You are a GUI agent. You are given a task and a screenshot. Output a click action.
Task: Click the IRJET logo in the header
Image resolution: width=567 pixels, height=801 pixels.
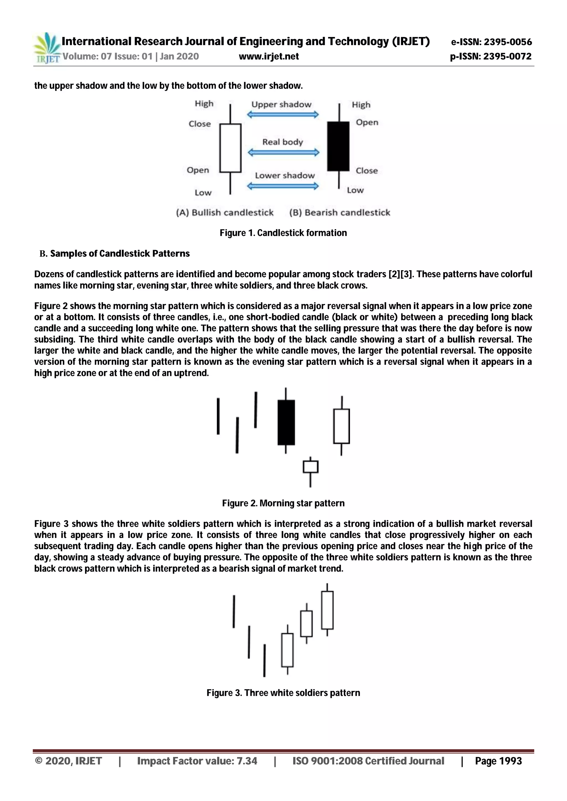tap(47, 48)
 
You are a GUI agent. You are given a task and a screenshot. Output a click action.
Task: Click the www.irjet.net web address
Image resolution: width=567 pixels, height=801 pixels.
tap(269, 56)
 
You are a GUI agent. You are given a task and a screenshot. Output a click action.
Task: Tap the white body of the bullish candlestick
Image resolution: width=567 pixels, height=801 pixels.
tap(230, 148)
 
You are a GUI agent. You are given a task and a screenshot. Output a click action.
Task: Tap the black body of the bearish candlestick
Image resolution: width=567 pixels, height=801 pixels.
tap(338, 146)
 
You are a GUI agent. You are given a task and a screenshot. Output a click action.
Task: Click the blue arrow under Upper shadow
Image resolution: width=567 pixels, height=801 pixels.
tap(283, 115)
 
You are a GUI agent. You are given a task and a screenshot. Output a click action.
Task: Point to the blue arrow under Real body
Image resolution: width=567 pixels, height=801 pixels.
tap(283, 152)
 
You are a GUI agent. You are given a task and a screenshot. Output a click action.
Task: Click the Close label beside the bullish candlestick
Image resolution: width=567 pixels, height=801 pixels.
tap(200, 124)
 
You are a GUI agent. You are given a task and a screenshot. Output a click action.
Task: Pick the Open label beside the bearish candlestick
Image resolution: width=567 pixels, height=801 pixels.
tap(367, 123)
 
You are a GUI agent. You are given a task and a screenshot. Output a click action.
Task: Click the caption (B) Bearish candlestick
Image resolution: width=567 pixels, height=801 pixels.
tap(339, 212)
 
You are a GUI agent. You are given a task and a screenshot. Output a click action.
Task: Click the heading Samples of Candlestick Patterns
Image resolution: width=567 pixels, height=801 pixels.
tap(120, 254)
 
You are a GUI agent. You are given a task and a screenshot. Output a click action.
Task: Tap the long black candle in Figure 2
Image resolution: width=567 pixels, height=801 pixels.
tap(286, 422)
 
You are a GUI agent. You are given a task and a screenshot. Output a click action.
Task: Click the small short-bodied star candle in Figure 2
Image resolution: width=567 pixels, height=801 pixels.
tap(310, 467)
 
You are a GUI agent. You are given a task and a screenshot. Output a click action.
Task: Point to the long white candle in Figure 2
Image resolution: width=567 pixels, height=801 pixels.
tap(341, 426)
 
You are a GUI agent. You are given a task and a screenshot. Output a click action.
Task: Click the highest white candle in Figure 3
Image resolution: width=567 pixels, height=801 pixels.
tap(327, 610)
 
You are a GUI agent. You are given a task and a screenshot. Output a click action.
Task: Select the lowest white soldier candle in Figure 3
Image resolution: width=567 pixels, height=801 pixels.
tap(287, 650)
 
